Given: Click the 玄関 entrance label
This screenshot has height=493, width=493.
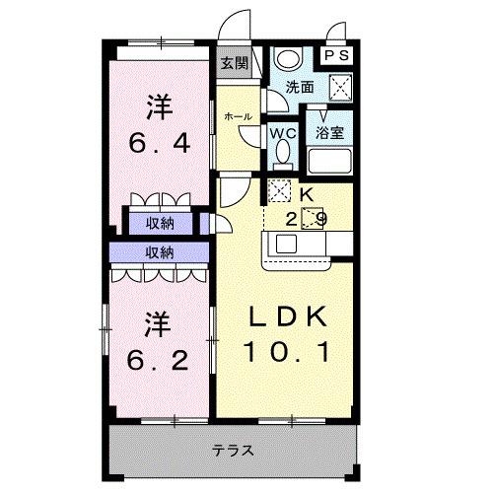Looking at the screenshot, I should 234,64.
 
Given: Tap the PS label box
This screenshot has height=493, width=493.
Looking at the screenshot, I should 337,56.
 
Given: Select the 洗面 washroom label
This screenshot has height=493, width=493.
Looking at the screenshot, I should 300,87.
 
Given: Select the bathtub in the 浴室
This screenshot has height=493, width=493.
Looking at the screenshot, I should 329,159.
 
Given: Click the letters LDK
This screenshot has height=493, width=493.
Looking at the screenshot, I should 287,317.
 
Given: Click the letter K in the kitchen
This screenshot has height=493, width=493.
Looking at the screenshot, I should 307,193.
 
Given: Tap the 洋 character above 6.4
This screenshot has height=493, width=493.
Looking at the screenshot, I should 159,104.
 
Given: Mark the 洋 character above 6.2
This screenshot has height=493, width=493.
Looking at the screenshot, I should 159,321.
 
